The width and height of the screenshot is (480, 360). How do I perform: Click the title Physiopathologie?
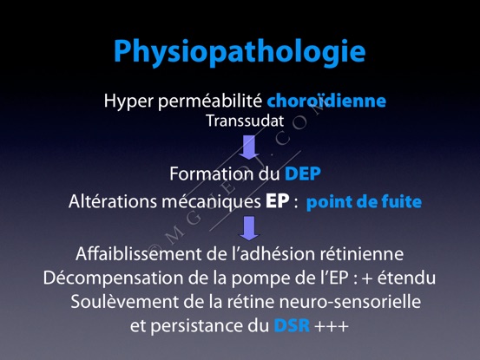coord(240,52)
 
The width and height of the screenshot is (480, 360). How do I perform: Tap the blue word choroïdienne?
coord(326,101)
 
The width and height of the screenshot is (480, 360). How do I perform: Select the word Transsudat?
coord(245,121)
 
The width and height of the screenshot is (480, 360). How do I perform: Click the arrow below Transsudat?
coord(249,147)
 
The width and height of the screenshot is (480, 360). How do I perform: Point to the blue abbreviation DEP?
coord(302,173)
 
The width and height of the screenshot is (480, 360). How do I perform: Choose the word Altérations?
coord(113,201)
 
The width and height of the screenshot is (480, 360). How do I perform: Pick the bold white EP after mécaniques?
coord(277,201)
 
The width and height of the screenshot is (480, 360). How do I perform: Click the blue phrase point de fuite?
coord(364,202)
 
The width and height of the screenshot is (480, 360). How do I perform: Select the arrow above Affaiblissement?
coord(249,228)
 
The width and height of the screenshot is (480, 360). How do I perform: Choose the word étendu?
coord(406,278)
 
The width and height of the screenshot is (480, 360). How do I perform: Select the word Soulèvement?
coord(124,302)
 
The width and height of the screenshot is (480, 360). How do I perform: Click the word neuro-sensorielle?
coord(350,302)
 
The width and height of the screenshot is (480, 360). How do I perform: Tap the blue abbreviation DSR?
coord(292,325)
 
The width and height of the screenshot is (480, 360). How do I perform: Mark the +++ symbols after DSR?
coord(332,326)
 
